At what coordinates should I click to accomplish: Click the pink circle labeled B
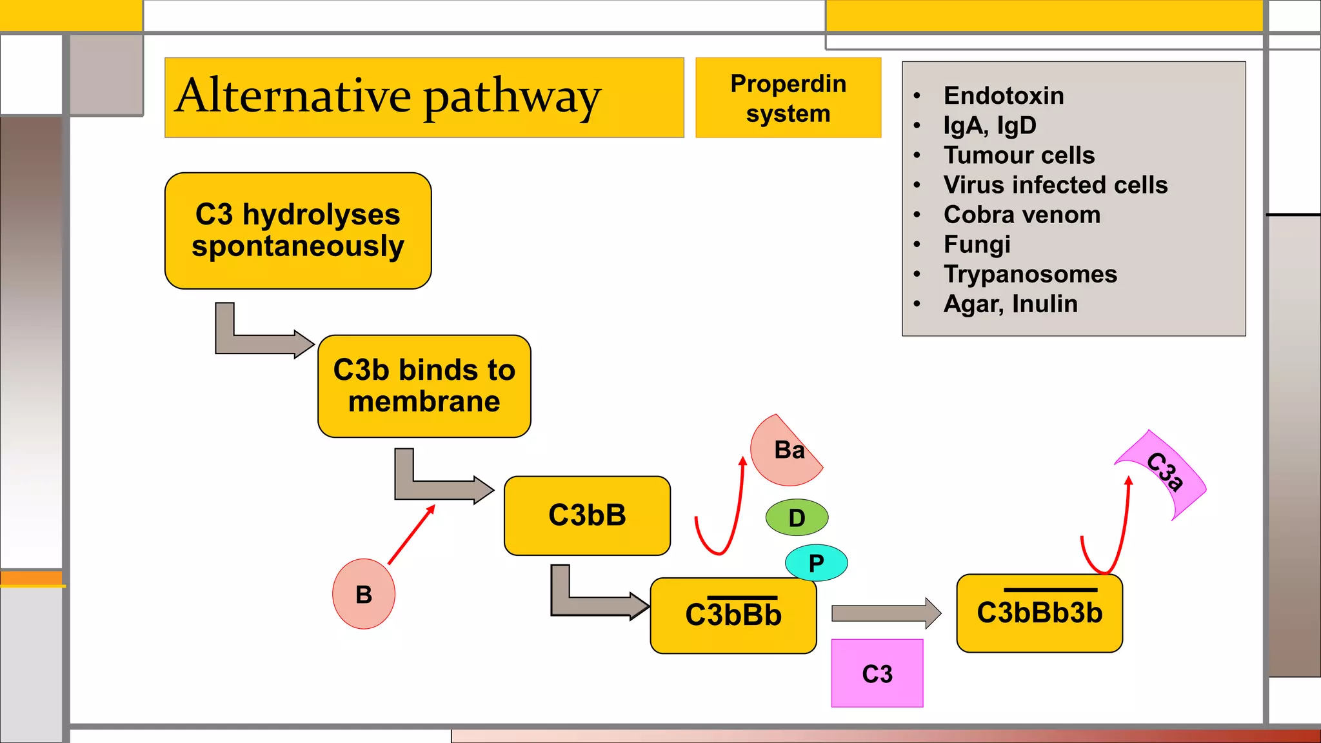click(x=364, y=594)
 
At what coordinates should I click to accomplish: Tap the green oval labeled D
click(x=797, y=517)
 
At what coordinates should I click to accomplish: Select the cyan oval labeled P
click(x=816, y=563)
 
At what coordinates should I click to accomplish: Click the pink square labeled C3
click(x=877, y=673)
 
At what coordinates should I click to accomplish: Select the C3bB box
click(x=587, y=515)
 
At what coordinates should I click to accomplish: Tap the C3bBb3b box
click(x=1039, y=613)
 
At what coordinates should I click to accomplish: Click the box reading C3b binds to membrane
click(x=424, y=386)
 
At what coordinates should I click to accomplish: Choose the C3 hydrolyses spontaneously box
click(x=297, y=230)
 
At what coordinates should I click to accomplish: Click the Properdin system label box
click(x=788, y=98)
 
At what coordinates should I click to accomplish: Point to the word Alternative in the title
click(x=293, y=95)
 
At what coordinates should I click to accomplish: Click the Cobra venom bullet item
click(x=1022, y=215)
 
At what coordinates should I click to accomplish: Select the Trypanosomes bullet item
click(x=1030, y=274)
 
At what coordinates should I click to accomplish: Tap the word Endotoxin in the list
click(x=1004, y=95)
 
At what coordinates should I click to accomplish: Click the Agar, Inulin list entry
click(x=1010, y=304)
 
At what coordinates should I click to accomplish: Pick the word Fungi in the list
click(x=977, y=244)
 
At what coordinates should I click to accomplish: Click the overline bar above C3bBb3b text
click(x=1050, y=589)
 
